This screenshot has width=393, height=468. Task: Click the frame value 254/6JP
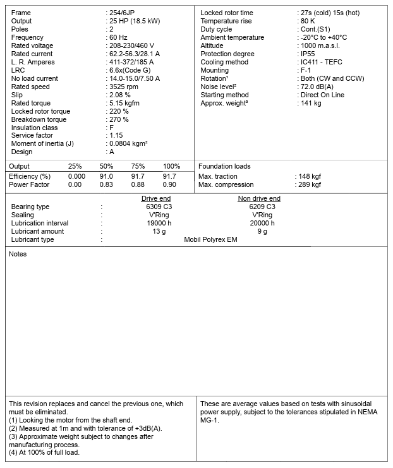124,13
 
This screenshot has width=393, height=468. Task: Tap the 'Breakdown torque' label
39,119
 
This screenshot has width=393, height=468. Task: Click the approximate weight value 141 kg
311,103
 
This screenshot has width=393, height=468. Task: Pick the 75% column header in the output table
138,166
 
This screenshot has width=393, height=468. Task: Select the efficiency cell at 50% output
106,176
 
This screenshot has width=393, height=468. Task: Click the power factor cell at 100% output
169,184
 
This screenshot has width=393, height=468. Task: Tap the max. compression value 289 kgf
309,184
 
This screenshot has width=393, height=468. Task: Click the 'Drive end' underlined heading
155,198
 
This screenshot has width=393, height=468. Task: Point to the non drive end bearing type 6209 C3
262,207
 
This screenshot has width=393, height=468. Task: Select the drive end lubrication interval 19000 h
159,223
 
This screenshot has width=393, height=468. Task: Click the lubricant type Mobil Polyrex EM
210,239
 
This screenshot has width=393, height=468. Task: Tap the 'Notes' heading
18,254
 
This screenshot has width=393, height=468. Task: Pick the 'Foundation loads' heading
224,166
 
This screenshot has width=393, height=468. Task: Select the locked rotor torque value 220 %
119,111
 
